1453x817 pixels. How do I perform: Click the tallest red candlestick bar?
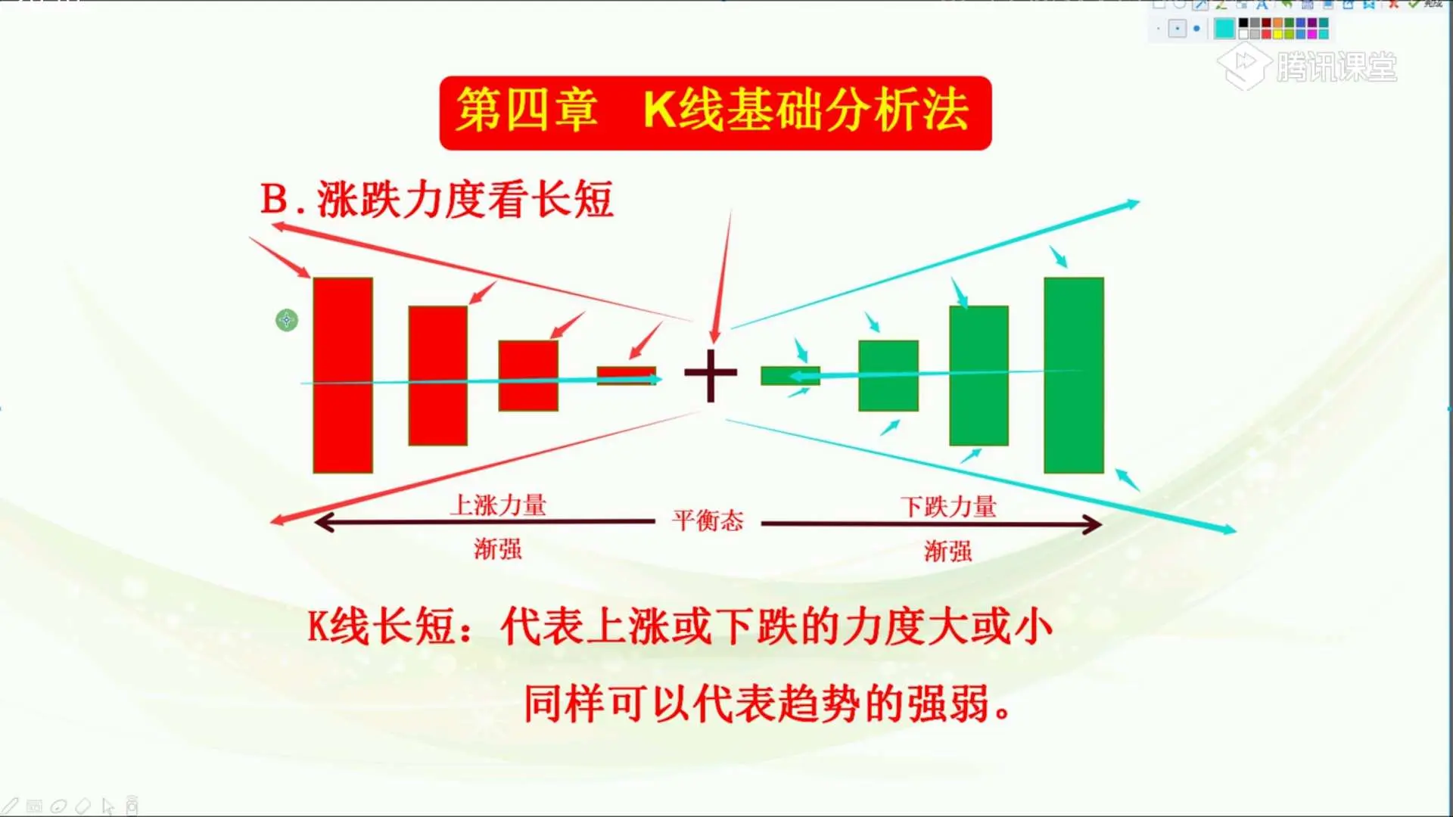coord(343,375)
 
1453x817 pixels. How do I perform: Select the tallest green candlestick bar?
coord(1074,375)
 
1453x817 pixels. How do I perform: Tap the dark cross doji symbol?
coord(711,374)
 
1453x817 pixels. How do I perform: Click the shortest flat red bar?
coord(627,375)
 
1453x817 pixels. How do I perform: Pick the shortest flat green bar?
coord(790,375)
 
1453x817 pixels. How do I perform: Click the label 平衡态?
coord(708,520)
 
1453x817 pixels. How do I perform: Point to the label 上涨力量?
coord(499,505)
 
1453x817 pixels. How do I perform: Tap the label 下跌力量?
coord(949,506)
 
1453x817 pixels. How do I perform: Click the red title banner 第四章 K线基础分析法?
coord(715,113)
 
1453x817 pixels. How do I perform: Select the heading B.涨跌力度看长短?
coord(437,200)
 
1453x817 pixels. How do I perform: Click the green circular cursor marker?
coord(287,320)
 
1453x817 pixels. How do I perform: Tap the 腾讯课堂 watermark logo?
coord(1307,67)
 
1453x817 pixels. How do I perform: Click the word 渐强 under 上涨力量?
coord(498,548)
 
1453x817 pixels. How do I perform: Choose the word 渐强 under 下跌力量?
coord(948,551)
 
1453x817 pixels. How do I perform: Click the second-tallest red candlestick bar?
coord(438,375)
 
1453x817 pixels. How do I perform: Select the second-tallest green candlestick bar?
coord(979,375)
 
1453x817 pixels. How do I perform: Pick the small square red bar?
coord(528,375)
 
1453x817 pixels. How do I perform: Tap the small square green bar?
coord(888,375)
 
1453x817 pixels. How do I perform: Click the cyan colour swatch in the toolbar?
coord(1224,29)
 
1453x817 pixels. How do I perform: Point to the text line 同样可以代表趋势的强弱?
coord(767,704)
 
